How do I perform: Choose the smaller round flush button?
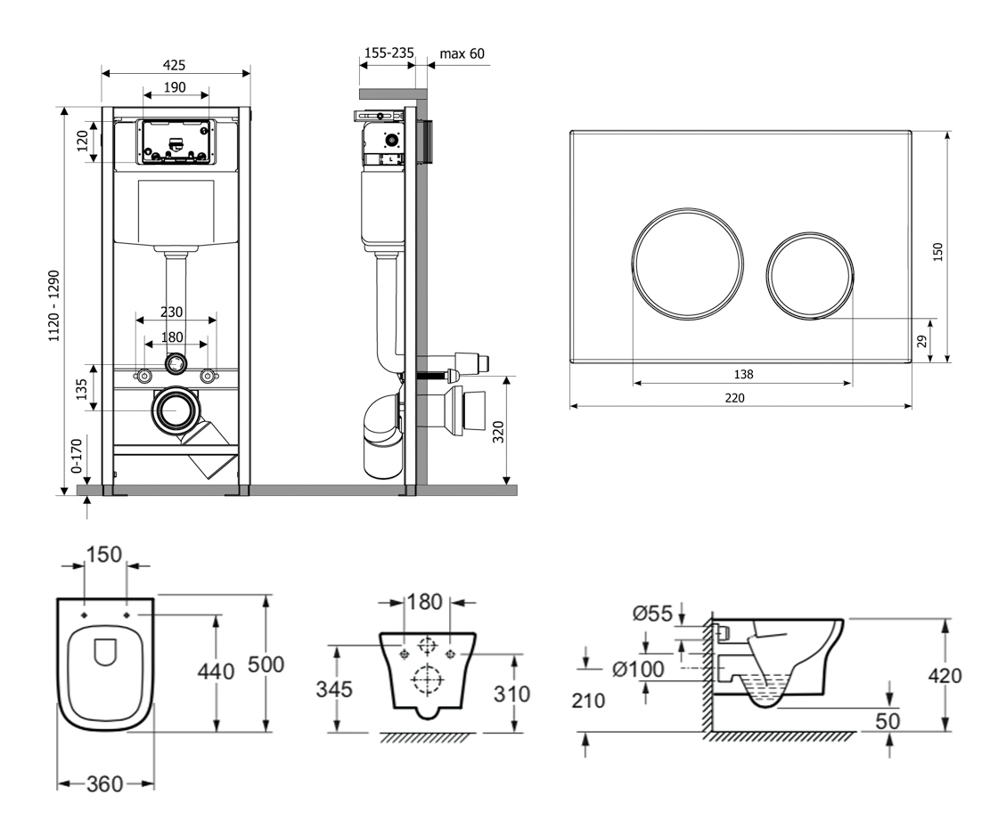[810, 275]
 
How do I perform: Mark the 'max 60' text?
[462, 54]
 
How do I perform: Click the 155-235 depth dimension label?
[389, 53]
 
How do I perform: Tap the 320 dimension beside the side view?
[498, 432]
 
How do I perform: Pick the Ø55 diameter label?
[652, 612]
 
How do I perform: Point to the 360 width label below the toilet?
[105, 784]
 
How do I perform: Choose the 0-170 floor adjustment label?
[78, 454]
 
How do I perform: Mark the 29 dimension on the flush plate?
[922, 340]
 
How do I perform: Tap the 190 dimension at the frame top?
[176, 86]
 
